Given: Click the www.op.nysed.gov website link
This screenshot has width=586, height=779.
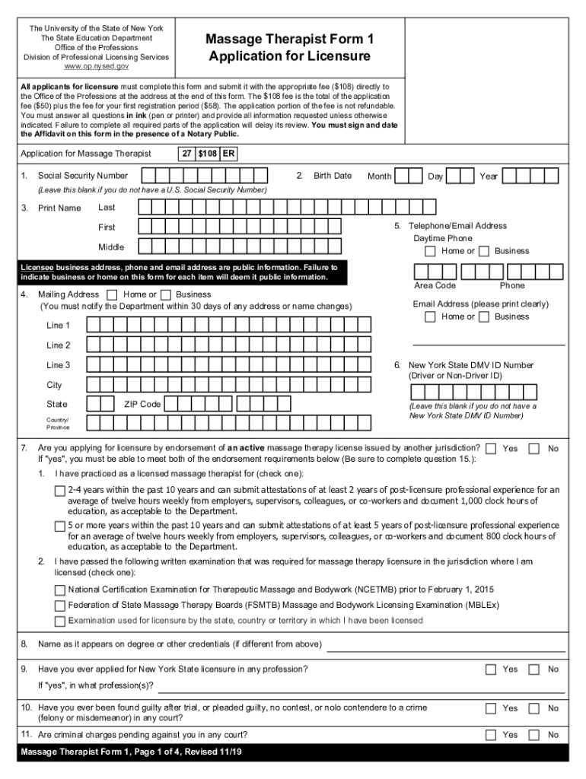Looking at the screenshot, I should click(x=96, y=66).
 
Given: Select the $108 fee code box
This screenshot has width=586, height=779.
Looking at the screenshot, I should click(x=207, y=154).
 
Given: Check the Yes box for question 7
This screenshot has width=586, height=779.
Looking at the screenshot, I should click(x=492, y=448).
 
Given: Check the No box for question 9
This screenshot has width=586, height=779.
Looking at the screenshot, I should click(x=534, y=669).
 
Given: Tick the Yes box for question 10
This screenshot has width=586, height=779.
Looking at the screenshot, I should click(x=492, y=708).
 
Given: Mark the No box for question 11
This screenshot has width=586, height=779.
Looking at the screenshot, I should click(x=534, y=735).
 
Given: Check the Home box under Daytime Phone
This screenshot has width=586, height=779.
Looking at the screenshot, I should click(x=431, y=251).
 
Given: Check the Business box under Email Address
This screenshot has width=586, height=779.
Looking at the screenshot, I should click(x=484, y=317).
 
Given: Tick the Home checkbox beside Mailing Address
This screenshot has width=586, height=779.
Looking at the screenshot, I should click(x=113, y=294).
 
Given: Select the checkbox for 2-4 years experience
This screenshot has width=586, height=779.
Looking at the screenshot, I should click(x=60, y=491).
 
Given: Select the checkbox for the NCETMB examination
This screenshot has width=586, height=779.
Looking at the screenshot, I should click(x=60, y=590).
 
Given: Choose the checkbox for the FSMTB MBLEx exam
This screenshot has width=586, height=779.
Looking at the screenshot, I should click(x=60, y=606).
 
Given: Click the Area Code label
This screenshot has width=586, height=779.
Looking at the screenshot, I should click(x=435, y=285).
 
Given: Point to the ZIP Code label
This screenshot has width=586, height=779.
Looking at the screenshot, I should click(x=142, y=404).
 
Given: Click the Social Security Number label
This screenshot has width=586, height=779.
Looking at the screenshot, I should click(x=83, y=176).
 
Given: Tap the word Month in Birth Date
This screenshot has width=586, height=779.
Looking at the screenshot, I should click(x=379, y=176).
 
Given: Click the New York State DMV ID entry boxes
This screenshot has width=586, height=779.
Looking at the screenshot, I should click(x=487, y=393).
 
